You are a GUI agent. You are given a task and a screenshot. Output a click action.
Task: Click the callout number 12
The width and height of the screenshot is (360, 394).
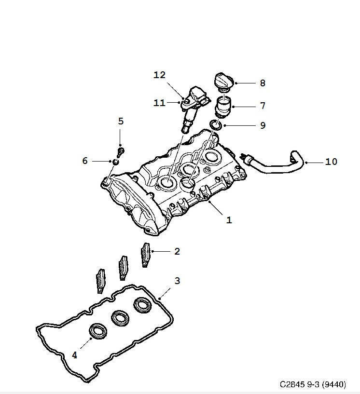click(x=159, y=75)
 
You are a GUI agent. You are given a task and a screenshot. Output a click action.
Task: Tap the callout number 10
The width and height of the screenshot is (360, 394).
click(x=331, y=162)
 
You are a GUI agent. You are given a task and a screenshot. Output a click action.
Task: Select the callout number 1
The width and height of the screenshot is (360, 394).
click(x=229, y=220)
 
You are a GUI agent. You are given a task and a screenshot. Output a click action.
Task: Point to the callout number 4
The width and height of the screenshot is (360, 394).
click(x=74, y=355)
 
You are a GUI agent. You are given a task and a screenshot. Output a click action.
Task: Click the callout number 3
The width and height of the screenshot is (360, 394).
click(x=177, y=281)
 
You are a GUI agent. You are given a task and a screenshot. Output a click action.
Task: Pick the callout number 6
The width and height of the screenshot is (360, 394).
click(x=85, y=161)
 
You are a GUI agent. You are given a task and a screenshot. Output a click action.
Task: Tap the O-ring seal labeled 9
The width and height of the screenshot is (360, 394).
click(x=216, y=125)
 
